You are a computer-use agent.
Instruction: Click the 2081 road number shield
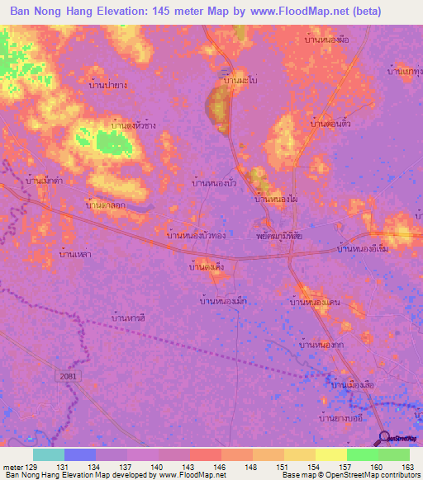coord(70,374)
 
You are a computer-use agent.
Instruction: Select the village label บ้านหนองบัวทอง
coord(196,235)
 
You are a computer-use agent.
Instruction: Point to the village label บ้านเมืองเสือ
coord(354,385)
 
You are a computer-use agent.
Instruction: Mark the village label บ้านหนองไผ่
coord(276,199)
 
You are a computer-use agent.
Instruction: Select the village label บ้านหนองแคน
coord(315,304)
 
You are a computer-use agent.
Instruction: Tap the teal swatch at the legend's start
coord(49,454)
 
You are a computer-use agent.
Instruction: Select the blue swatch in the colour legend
coord(80,454)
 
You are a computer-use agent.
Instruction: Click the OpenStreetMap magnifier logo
coord(385,439)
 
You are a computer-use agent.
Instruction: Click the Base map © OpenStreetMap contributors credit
coord(349,475)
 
